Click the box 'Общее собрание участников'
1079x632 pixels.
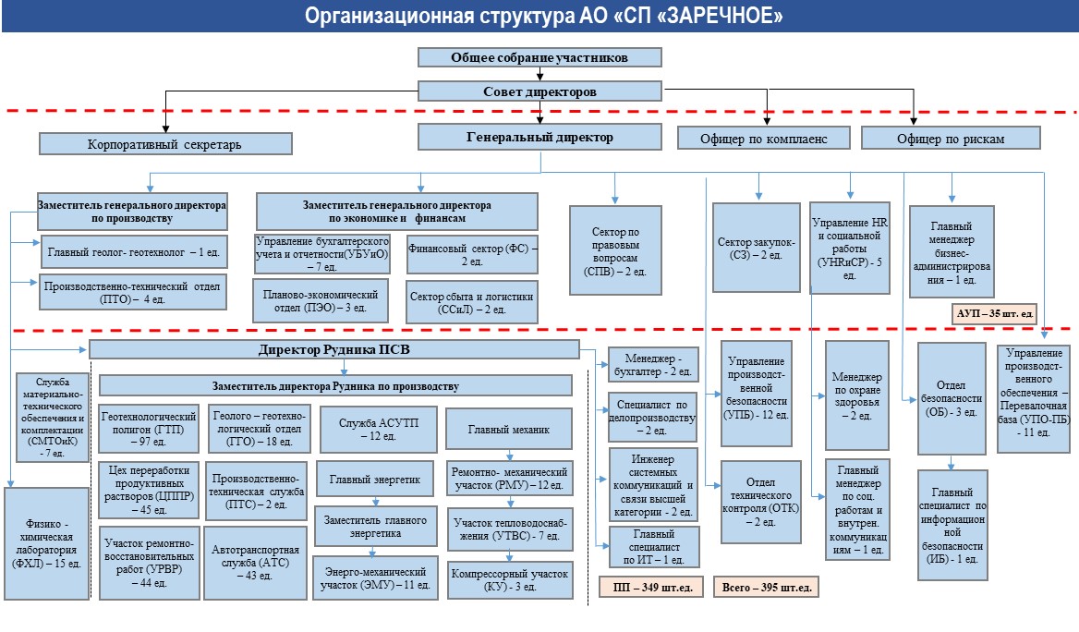pyautogui.click(x=539, y=57)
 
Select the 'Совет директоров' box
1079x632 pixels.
pyautogui.click(x=539, y=91)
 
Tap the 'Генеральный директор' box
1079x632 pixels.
pyautogui.click(x=539, y=138)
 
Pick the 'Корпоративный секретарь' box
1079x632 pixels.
pyautogui.click(x=165, y=144)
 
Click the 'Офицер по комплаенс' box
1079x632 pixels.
pyautogui.click(x=764, y=139)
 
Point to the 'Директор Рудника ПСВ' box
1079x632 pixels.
pyautogui.click(x=333, y=350)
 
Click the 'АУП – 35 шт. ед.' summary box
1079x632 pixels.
pyautogui.click(x=994, y=314)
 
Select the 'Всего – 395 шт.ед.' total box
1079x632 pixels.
pyautogui.click(x=766, y=587)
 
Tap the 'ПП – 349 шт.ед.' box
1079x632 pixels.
pyautogui.click(x=650, y=587)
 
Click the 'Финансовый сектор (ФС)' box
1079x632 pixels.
pyautogui.click(x=472, y=256)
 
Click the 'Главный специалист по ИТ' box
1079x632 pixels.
pyautogui.click(x=653, y=547)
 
